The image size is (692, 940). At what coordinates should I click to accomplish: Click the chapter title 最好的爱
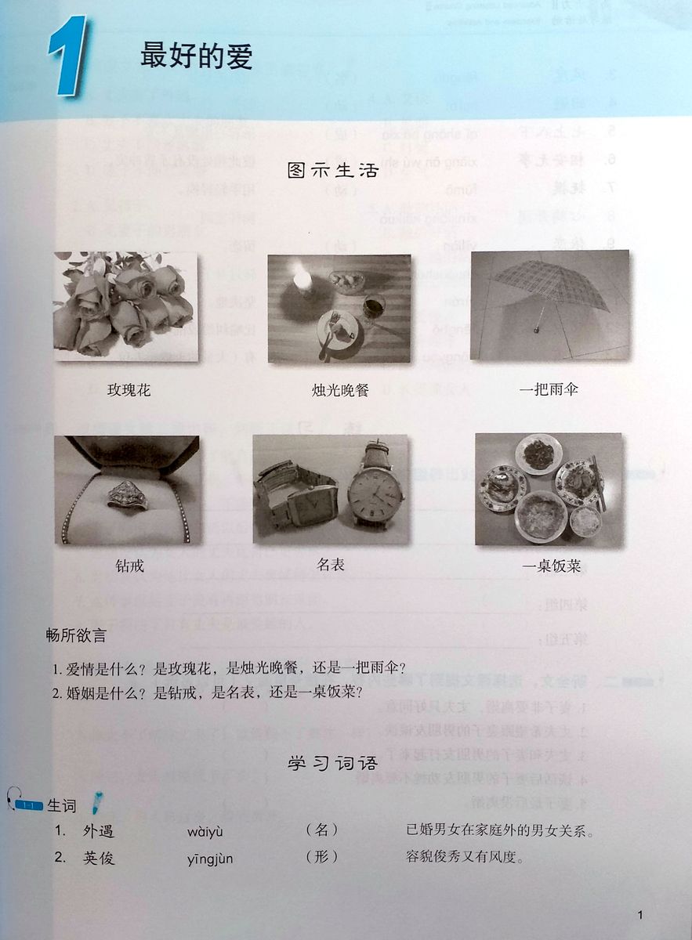point(196,56)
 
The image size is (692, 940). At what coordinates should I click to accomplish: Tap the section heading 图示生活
point(333,170)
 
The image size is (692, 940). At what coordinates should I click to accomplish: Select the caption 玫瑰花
point(129,389)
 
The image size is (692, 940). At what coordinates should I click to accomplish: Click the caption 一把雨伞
point(549,389)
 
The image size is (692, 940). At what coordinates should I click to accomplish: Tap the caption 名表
point(331,564)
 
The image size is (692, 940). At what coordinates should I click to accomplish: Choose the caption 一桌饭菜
point(551,566)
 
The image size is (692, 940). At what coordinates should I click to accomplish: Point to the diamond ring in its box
point(127,495)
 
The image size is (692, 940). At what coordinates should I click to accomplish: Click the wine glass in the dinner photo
point(373,308)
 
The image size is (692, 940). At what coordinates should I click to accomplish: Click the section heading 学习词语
point(333,763)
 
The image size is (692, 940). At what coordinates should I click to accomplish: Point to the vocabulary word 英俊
point(99,858)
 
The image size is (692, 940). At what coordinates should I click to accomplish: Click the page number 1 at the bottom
point(640,915)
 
